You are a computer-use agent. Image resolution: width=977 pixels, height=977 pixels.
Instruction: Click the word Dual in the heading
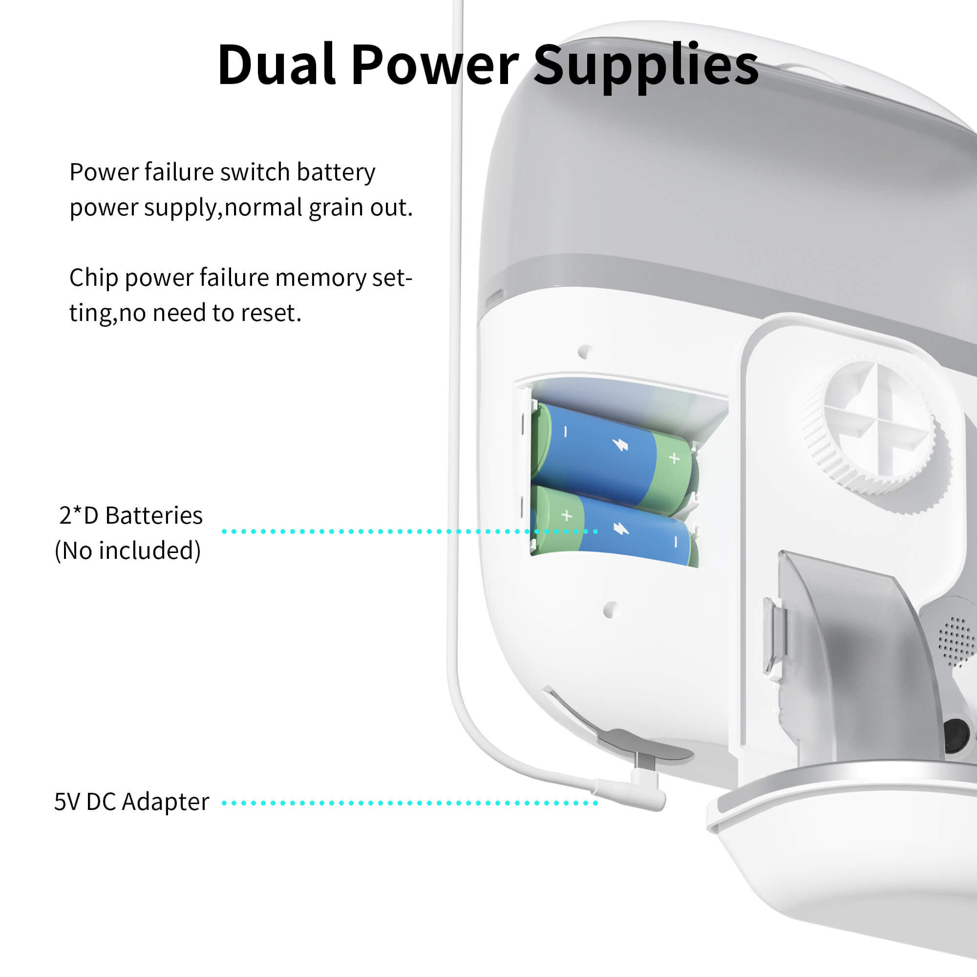(x=276, y=65)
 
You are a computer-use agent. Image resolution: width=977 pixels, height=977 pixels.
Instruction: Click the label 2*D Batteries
(x=131, y=515)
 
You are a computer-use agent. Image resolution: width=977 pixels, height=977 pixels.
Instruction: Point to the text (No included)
(x=128, y=550)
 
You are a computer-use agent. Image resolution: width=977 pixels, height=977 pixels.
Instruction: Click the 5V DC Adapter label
(x=131, y=802)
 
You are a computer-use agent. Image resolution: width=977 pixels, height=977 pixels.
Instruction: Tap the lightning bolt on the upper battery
(x=620, y=445)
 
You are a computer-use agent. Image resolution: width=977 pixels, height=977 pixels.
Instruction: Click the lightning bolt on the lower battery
(x=620, y=529)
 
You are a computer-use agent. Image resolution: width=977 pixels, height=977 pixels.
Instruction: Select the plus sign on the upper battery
(x=674, y=458)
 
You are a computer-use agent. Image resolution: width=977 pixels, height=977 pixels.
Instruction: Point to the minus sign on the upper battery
(x=566, y=431)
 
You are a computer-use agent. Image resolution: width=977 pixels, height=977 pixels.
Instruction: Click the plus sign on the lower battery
(x=567, y=515)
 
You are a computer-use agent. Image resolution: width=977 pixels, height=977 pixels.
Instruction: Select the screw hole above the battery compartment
(x=585, y=351)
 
